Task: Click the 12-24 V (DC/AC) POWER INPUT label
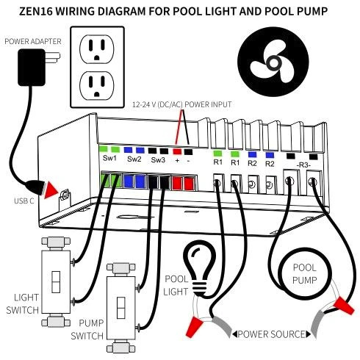click(x=181, y=104)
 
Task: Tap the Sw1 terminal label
click(x=109, y=159)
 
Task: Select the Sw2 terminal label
click(x=134, y=159)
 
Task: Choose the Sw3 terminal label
click(x=158, y=159)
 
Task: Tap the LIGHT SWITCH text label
click(x=21, y=302)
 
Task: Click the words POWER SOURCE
click(x=273, y=334)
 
